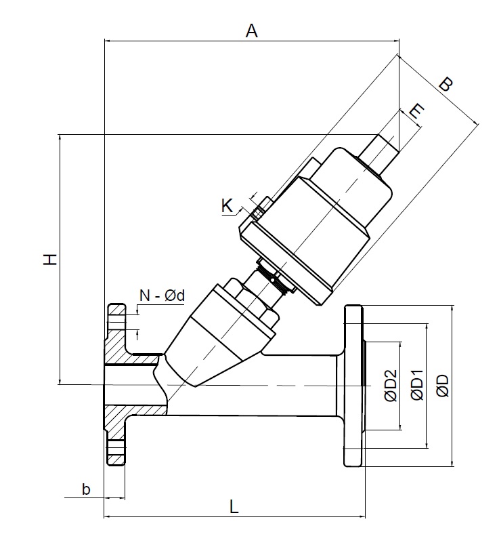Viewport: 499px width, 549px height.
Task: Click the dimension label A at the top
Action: click(252, 30)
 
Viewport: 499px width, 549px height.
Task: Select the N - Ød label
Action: click(162, 295)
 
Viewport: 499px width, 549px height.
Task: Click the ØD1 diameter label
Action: click(416, 387)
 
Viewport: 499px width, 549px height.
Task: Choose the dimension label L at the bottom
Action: click(233, 506)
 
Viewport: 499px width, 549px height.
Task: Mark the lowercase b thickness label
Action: click(85, 489)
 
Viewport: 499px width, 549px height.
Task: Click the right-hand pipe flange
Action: click(354, 386)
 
